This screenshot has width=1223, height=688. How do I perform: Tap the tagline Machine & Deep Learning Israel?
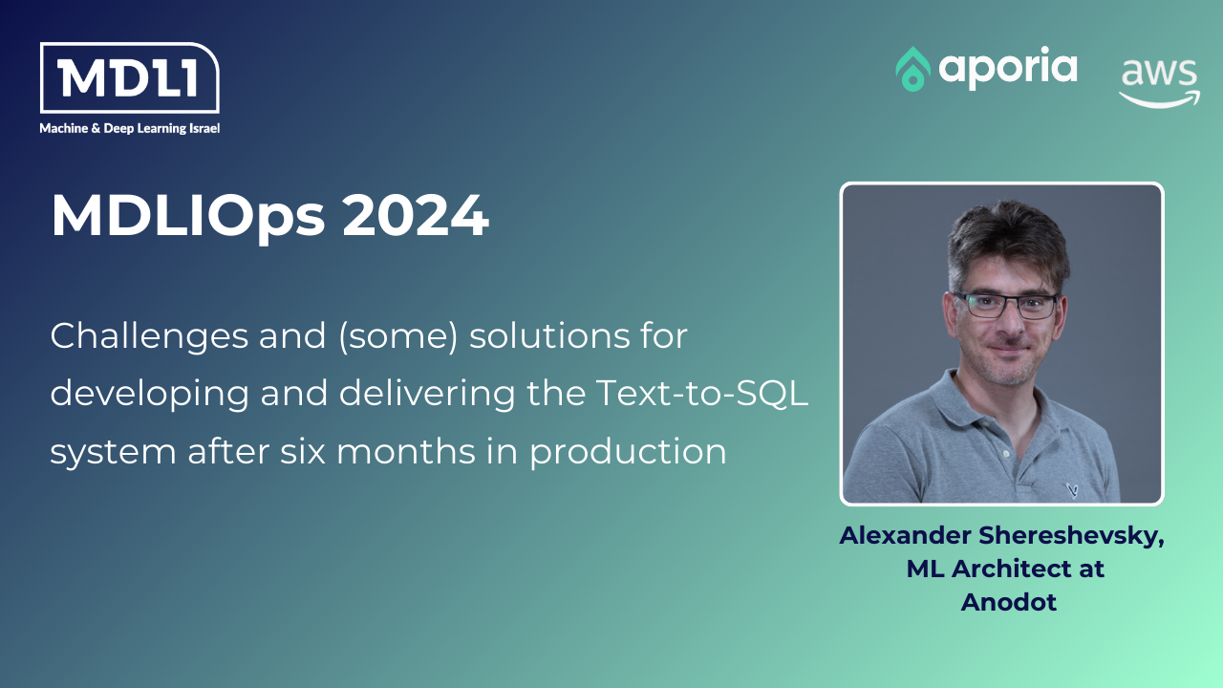click(x=129, y=128)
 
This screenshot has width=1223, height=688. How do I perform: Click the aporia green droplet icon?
click(x=912, y=69)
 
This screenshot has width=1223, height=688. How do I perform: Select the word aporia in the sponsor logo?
click(x=1008, y=68)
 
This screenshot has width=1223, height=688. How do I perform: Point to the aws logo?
click(x=1160, y=82)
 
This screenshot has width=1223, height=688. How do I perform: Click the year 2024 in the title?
click(x=416, y=215)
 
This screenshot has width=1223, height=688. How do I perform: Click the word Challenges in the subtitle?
click(x=149, y=336)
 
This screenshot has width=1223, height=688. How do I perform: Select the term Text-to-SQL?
click(x=701, y=393)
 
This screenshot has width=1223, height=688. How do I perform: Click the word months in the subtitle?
click(x=406, y=451)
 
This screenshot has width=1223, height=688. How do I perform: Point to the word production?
click(x=628, y=452)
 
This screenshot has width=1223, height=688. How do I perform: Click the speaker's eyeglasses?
click(x=1006, y=305)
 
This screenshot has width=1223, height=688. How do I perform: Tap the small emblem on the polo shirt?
click(x=1072, y=490)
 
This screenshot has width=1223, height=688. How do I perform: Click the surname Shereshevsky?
click(x=1071, y=536)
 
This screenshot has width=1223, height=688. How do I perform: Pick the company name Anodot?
click(x=1008, y=603)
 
